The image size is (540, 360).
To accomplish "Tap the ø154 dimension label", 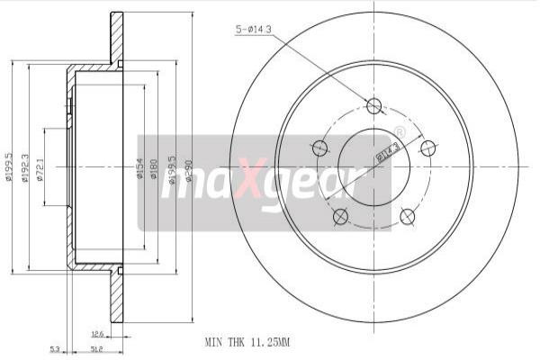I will coord(140,168).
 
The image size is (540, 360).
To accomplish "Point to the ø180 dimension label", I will coord(153,168).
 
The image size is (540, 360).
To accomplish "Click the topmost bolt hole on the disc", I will coord(374,106).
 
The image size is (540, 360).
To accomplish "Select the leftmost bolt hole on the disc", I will coord(319,148).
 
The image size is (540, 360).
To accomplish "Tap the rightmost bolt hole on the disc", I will coord(428,148).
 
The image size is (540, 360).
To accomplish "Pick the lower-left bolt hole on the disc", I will coord(340,216).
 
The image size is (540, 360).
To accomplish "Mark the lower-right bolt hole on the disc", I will coord(408,215).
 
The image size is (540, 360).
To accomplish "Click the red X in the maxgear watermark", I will coord(253,184).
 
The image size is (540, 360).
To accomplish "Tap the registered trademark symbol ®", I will coord(400,132).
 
